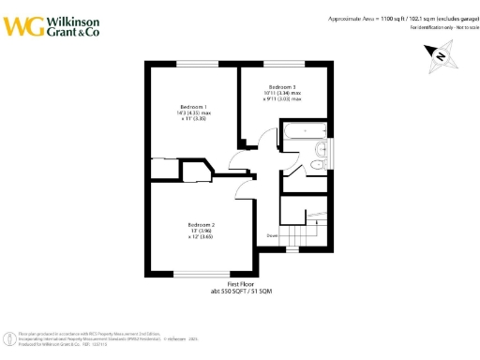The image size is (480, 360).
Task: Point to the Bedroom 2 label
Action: (201, 225)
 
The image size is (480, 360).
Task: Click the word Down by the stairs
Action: (272, 235)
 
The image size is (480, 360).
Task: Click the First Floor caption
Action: (241, 284)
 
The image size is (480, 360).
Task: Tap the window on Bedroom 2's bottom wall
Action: (202, 274)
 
